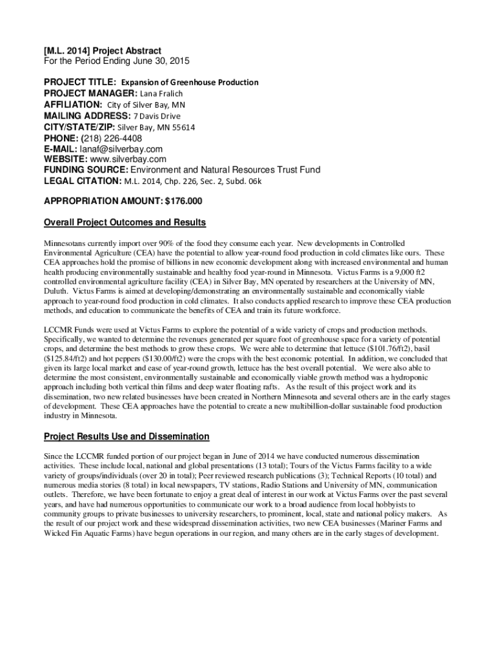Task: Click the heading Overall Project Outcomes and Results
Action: click(125, 223)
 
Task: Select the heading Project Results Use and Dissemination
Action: click(127, 436)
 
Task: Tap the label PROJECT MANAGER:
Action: click(87, 94)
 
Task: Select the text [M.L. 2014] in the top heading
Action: click(68, 50)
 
